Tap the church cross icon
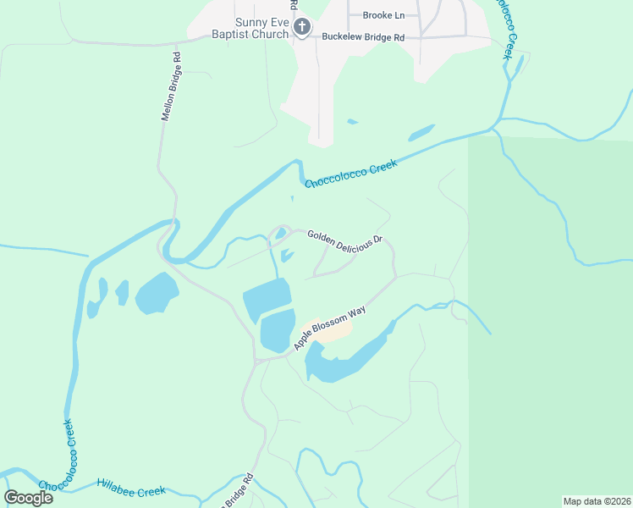(x=302, y=29)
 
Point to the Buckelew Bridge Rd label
(x=363, y=37)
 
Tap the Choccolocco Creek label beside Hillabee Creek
(x=64, y=458)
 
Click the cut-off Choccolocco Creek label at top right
(x=504, y=30)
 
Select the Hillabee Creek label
(x=131, y=487)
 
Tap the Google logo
(x=28, y=497)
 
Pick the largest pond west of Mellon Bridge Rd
(x=157, y=293)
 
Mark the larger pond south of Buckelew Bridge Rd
(x=421, y=133)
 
